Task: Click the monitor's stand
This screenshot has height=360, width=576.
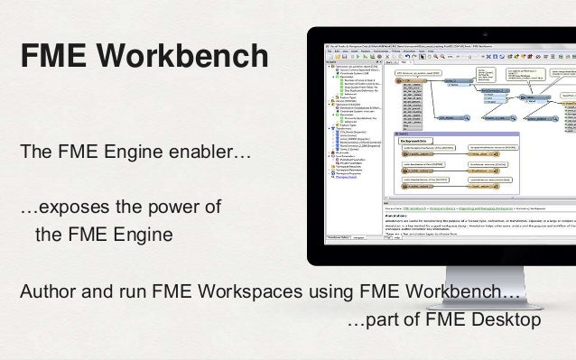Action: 443,270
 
